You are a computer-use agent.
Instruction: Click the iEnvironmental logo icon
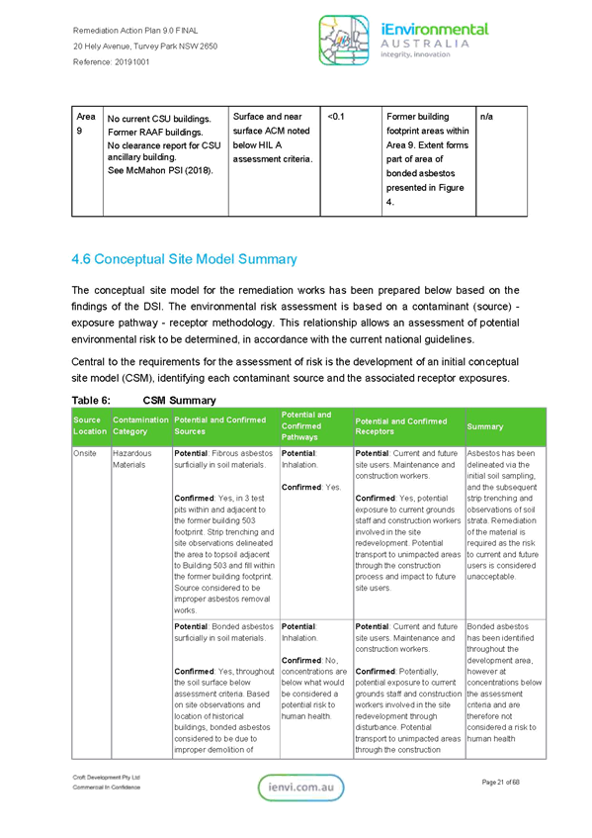tap(344, 41)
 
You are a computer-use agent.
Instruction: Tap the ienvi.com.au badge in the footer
tap(301, 788)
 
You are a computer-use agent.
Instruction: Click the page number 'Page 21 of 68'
tap(500, 782)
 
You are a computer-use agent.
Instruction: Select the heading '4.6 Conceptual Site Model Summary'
tap(184, 259)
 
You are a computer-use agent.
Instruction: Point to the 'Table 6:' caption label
tap(91, 401)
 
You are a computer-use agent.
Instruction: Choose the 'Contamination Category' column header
tap(140, 426)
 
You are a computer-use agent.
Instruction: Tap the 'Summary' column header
tap(484, 426)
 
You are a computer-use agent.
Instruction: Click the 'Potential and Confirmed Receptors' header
tap(401, 426)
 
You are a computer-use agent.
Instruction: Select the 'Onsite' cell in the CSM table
tap(84, 453)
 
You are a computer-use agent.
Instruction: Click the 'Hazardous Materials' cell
tap(131, 459)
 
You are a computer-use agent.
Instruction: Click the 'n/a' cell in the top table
tap(486, 117)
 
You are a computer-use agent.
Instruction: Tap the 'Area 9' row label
tap(85, 124)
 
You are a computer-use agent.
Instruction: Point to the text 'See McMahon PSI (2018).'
tap(160, 170)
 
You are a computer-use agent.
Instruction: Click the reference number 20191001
tap(131, 62)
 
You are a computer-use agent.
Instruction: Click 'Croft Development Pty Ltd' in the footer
tap(106, 777)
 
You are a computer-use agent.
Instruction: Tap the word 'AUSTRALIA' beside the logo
tap(425, 44)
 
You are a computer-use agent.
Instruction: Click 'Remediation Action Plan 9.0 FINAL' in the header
tap(135, 31)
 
